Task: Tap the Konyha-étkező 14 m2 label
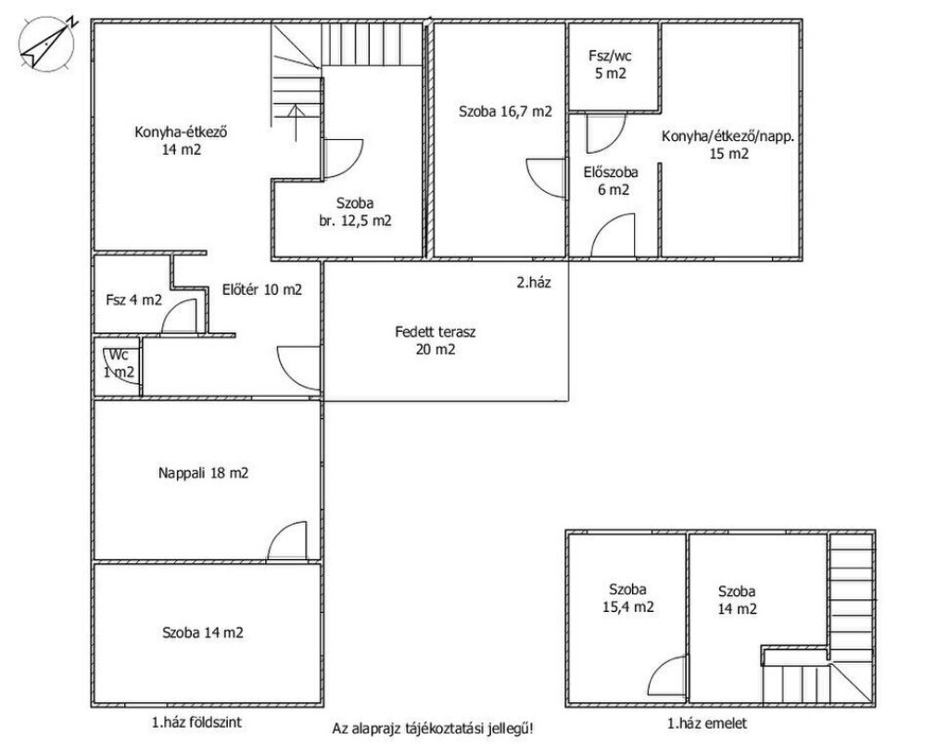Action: (181, 140)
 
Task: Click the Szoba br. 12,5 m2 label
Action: (355, 212)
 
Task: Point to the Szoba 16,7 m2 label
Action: (505, 111)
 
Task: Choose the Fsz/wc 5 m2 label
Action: (610, 65)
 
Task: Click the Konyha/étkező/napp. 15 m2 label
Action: (728, 145)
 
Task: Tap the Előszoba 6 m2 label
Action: (612, 181)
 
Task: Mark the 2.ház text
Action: (534, 282)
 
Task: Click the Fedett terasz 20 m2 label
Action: (436, 340)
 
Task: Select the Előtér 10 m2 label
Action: (262, 289)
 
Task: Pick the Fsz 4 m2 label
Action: (133, 300)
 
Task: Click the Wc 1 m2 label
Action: (119, 363)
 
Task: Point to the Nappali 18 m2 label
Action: (203, 473)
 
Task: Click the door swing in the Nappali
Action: (287, 541)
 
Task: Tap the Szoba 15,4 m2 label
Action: (628, 598)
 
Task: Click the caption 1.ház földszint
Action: (196, 721)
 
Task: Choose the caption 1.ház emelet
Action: (707, 723)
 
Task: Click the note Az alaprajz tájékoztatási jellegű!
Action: (433, 729)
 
